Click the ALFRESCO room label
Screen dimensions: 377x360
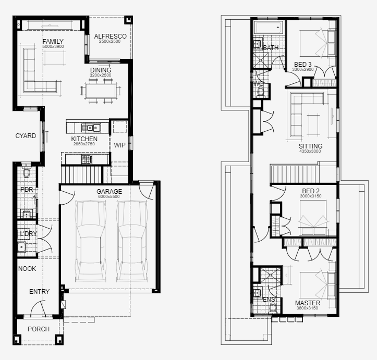click(110, 36)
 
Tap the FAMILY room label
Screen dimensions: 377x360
click(53, 41)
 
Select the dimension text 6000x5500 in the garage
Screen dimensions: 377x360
click(109, 196)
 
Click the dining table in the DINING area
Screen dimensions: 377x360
click(100, 91)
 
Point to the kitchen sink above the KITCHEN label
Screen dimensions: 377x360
click(91, 128)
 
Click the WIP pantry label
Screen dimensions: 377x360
click(119, 145)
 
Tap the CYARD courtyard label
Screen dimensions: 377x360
click(26, 136)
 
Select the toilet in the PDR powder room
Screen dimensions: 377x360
click(27, 172)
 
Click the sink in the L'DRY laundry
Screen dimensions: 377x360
click(21, 247)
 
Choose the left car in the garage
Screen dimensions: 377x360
click(91, 241)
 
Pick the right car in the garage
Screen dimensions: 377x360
click(132, 241)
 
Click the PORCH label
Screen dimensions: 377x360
click(39, 329)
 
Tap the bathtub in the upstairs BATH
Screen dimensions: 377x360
click(269, 28)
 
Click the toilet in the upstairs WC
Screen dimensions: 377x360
click(261, 92)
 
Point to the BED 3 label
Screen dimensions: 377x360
click(303, 65)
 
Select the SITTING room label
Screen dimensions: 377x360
click(310, 146)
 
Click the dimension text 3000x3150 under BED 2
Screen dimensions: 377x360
click(311, 196)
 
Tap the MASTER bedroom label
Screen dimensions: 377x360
click(308, 303)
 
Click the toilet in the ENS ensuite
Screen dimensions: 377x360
click(273, 308)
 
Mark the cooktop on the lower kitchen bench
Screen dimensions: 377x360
click(87, 159)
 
